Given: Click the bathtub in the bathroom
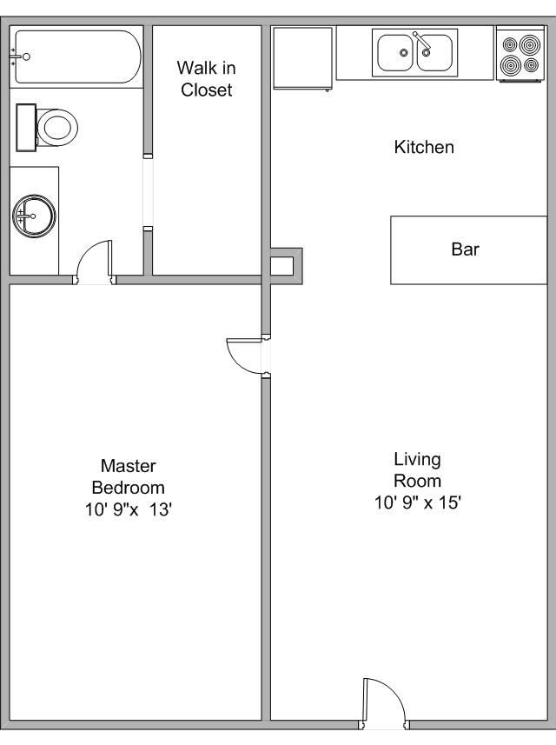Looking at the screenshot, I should coord(76,57).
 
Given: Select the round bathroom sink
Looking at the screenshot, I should coord(34,215).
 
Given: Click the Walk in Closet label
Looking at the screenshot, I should coord(206,78).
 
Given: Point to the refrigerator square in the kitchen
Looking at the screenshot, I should coord(302,57).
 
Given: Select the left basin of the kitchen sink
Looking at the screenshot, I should coord(396,52).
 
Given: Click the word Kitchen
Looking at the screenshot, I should coord(424,147).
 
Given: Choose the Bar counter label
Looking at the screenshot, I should coord(465,249).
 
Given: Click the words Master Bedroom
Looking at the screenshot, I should coord(129,476).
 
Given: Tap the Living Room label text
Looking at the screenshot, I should coord(417,469).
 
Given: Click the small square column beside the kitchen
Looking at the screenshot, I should coord(282,265).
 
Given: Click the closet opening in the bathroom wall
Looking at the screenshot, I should coord(148,192).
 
